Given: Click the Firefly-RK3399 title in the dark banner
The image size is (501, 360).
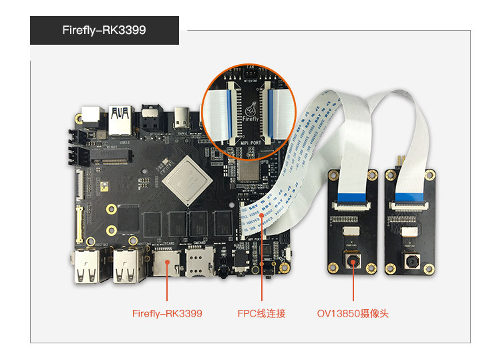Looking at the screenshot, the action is [x=104, y=31].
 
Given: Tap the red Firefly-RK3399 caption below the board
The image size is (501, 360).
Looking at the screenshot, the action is [x=167, y=313].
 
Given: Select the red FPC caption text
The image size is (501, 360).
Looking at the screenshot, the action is [x=261, y=313].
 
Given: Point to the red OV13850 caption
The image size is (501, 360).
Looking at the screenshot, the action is [x=353, y=313].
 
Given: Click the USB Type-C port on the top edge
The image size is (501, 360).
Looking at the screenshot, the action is [x=182, y=116].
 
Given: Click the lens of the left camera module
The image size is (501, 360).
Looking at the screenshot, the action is [x=352, y=261].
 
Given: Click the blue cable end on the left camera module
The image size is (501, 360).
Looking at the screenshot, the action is [x=353, y=198].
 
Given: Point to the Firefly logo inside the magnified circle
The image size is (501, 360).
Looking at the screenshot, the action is [x=251, y=111].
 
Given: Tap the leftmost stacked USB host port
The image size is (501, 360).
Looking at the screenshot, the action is [x=88, y=266].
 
